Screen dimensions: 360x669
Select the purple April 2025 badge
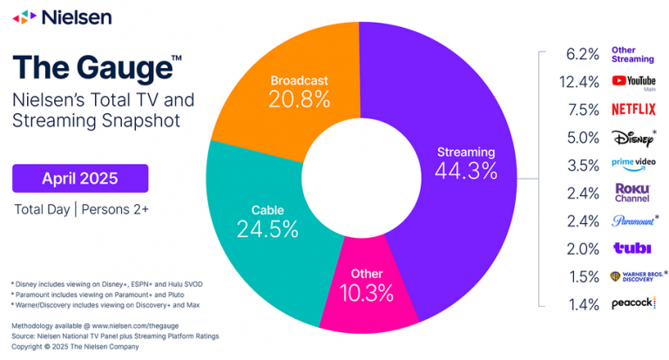80,179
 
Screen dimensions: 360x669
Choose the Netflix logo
633,109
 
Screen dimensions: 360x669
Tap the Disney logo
633,137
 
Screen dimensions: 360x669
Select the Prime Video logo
633,165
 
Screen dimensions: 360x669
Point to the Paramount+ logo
633,221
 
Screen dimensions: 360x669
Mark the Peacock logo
633,304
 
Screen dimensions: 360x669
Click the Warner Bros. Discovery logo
636,276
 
